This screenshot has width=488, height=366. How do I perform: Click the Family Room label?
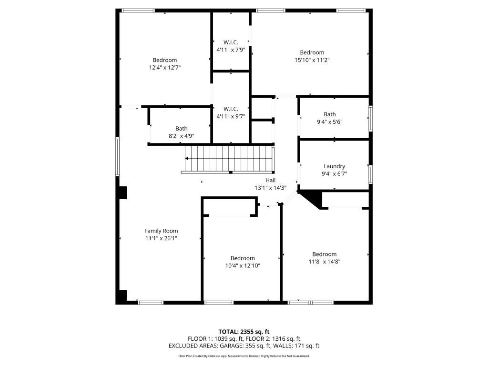point(161,231)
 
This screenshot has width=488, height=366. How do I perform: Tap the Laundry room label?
point(334,166)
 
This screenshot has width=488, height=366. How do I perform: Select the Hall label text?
point(270,180)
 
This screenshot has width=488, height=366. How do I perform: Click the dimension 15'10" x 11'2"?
point(312,60)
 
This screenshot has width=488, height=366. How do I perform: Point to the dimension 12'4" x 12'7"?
point(164,68)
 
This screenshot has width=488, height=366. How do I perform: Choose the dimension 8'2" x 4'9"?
point(181,136)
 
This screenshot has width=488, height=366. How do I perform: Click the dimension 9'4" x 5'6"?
point(329,122)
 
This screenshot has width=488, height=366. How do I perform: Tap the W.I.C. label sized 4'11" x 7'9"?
point(231,42)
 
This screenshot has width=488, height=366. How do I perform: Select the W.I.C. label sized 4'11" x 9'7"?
point(231,109)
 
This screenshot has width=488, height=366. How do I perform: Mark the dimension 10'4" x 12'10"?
point(243,265)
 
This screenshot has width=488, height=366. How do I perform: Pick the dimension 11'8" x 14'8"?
point(324,261)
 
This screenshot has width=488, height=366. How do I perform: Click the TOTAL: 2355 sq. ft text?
point(244,331)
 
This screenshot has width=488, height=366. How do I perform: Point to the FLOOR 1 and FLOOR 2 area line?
point(244,338)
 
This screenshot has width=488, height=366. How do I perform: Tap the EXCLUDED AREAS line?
point(244,346)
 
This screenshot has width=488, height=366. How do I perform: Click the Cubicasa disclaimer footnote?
point(244,356)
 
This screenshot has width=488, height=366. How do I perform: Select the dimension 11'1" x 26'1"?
point(161,238)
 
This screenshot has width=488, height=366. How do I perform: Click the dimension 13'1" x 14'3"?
point(270,188)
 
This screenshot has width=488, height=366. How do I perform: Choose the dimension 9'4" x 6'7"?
point(334,174)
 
